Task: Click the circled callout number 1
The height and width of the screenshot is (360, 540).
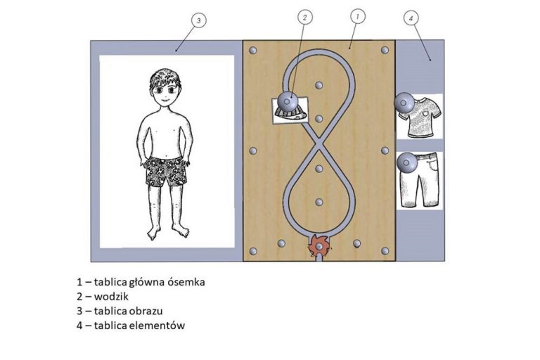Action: pyautogui.click(x=357, y=16)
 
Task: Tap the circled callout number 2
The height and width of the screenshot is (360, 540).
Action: pyautogui.click(x=304, y=17)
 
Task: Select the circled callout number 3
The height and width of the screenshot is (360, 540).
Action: pyautogui.click(x=198, y=20)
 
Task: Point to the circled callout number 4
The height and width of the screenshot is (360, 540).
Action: pyautogui.click(x=411, y=18)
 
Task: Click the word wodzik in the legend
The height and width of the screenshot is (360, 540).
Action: pyautogui.click(x=111, y=296)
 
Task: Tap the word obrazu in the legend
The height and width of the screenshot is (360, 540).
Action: pyautogui.click(x=146, y=311)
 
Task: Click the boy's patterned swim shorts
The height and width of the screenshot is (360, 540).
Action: pyautogui.click(x=167, y=172)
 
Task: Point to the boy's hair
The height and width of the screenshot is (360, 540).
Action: pyautogui.click(x=165, y=77)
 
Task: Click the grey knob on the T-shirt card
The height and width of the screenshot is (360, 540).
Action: pyautogui.click(x=405, y=103)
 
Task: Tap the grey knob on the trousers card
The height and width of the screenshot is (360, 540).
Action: pyautogui.click(x=407, y=162)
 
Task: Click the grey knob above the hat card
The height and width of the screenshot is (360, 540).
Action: pyautogui.click(x=288, y=101)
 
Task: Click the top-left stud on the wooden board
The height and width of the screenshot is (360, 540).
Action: pyautogui.click(x=253, y=51)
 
